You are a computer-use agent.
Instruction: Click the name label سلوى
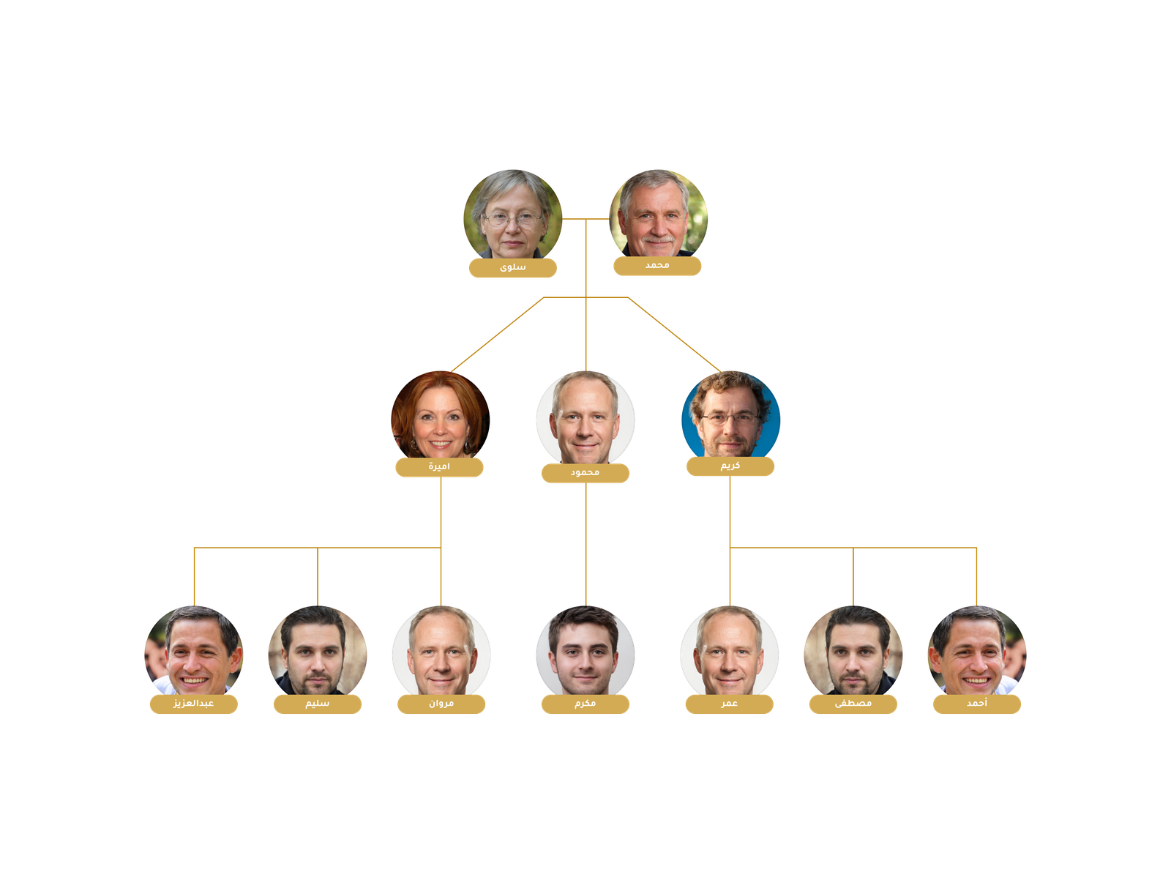512,268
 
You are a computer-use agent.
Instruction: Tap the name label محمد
657,266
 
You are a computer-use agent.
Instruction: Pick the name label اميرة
439,467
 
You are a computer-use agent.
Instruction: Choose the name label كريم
730,466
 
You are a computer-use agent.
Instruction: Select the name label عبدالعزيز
194,704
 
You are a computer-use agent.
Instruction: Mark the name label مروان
441,704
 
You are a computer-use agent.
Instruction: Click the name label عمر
729,704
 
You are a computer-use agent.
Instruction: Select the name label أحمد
977,704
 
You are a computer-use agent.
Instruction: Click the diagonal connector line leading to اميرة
498,334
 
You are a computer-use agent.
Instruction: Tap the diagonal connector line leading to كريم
673,334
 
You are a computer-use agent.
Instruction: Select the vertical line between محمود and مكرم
586,545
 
